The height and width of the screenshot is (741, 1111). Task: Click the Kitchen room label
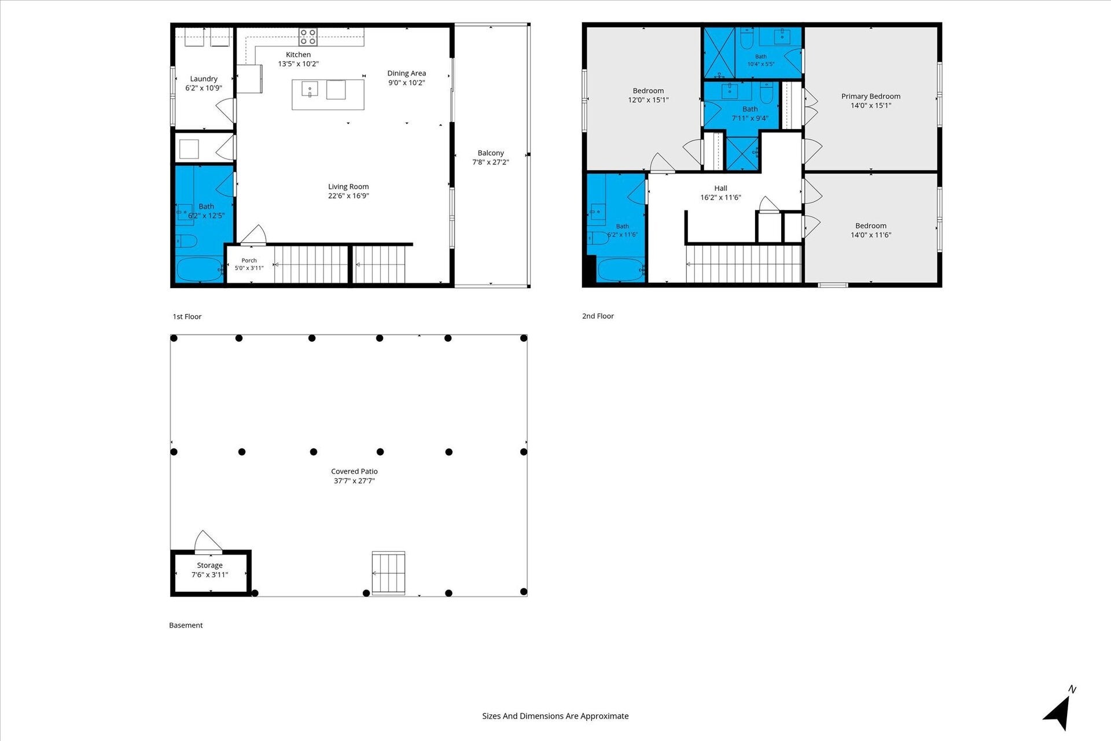click(298, 54)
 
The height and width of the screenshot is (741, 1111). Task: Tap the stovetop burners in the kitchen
click(308, 37)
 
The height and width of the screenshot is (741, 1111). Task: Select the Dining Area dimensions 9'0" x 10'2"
click(406, 83)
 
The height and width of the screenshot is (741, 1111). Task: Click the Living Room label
click(348, 186)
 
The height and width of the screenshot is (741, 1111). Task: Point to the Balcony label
click(491, 153)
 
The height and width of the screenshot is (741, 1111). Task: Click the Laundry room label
click(204, 79)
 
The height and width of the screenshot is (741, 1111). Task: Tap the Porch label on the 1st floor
click(249, 260)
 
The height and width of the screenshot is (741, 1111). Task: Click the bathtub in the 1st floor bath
click(200, 270)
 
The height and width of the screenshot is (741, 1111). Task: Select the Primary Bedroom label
click(871, 96)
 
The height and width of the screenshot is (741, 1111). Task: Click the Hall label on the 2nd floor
click(720, 188)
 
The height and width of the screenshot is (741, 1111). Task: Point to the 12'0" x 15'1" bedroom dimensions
click(648, 100)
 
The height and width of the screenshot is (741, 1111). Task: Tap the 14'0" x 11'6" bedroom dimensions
click(871, 235)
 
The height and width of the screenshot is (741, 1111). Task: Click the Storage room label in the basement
click(209, 565)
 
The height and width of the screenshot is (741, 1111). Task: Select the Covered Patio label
click(354, 471)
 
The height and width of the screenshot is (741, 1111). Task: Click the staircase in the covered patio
click(388, 573)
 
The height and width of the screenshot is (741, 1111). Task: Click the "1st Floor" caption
click(187, 316)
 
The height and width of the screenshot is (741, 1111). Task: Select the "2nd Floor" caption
click(598, 316)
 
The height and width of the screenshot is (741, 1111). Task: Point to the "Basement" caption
click(186, 625)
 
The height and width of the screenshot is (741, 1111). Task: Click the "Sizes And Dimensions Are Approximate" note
click(555, 716)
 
